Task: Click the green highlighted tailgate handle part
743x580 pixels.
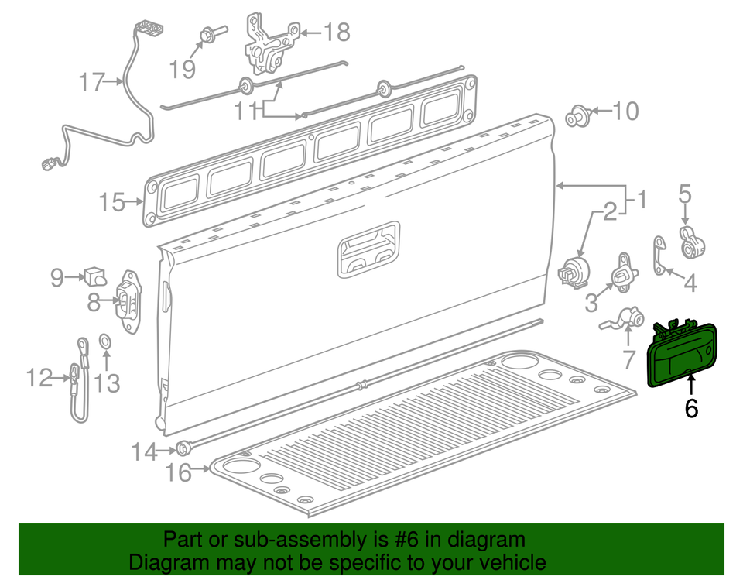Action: [681, 357]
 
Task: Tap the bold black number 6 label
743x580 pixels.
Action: [691, 407]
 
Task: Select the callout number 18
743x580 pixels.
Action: [336, 33]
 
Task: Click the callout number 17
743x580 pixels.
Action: [91, 81]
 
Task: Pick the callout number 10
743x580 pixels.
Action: [625, 112]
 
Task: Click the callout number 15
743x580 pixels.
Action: [112, 203]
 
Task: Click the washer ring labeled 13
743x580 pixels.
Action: [104, 341]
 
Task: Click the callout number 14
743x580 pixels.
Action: [144, 451]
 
